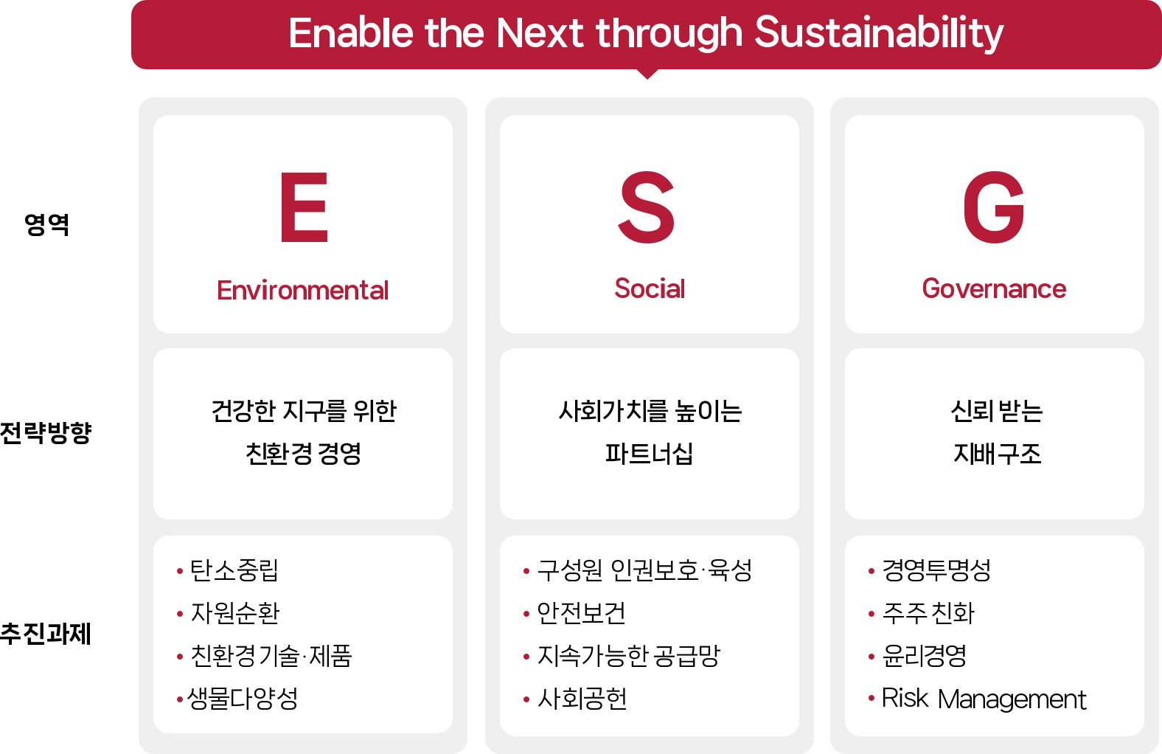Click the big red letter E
pyautogui.click(x=305, y=207)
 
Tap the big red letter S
pyautogui.click(x=647, y=207)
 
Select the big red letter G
pyautogui.click(x=994, y=207)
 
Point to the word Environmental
pyautogui.click(x=303, y=290)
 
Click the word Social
pyautogui.click(x=650, y=288)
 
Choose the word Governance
pyautogui.click(x=994, y=289)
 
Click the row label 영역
pyautogui.click(x=46, y=225)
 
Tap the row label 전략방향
pyautogui.click(x=46, y=433)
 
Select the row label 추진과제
pyautogui.click(x=46, y=634)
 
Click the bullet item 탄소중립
pyautogui.click(x=234, y=570)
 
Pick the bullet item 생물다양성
pyautogui.click(x=243, y=698)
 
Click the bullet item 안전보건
pyautogui.click(x=582, y=613)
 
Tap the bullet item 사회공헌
pyautogui.click(x=582, y=698)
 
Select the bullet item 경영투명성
pyautogui.click(x=937, y=570)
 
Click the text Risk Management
pyautogui.click(x=984, y=699)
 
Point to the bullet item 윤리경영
pyautogui.click(x=925, y=655)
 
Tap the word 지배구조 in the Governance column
pyautogui.click(x=997, y=454)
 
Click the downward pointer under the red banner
pyautogui.click(x=647, y=74)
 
